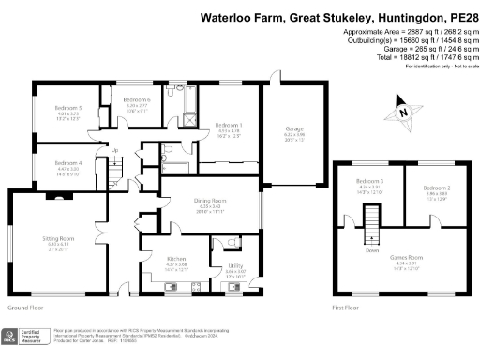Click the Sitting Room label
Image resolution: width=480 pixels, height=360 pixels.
point(57,239)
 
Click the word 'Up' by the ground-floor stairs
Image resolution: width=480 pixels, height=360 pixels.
point(114,151)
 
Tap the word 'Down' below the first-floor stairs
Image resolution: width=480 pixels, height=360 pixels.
point(371,249)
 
